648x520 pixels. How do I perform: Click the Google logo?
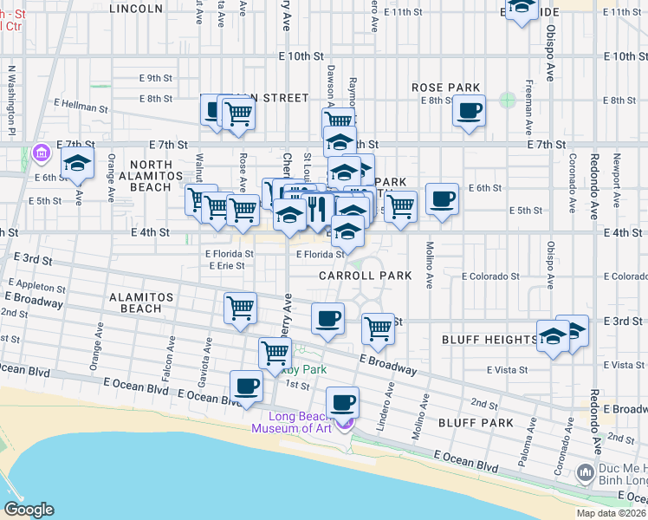click(28, 509)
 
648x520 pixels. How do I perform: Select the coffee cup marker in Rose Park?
click(469, 112)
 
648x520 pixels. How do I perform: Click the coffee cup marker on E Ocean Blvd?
click(246, 386)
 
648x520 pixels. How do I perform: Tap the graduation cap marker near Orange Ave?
click(78, 163)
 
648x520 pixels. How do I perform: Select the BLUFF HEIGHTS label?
click(488, 339)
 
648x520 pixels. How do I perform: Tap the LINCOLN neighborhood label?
click(137, 9)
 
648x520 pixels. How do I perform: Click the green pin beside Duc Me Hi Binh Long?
click(583, 471)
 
